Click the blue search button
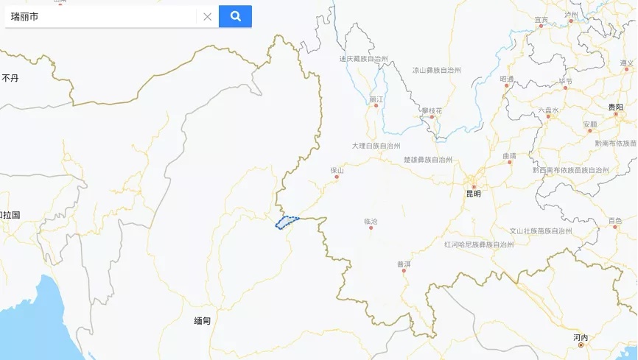tap(235, 16)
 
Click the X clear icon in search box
tap(207, 16)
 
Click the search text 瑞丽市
tap(25, 16)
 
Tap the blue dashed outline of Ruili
tap(287, 222)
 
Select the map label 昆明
tap(473, 194)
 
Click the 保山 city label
tap(337, 170)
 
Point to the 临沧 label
tap(371, 221)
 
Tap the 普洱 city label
tap(404, 264)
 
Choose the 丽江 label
tap(376, 99)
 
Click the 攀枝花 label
tap(432, 110)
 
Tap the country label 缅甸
tap(203, 321)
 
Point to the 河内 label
tap(581, 337)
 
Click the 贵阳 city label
tap(615, 107)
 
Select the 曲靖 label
tap(509, 155)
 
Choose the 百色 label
tap(615, 220)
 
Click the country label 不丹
tap(10, 77)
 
